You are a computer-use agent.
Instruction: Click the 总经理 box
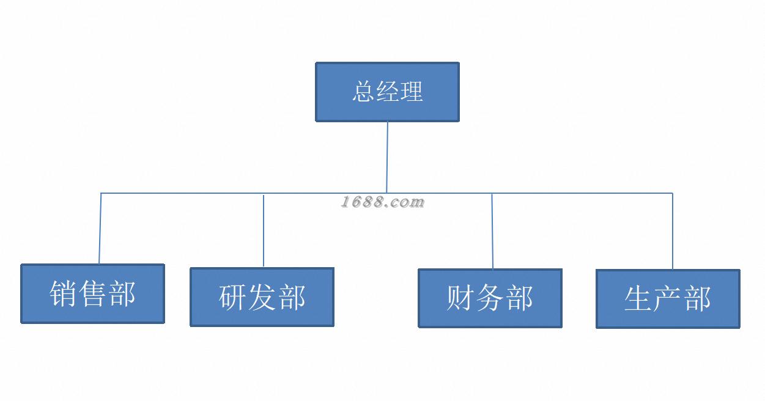pyautogui.click(x=387, y=92)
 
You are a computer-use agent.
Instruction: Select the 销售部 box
pyautogui.click(x=92, y=293)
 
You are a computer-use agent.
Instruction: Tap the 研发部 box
pyautogui.click(x=262, y=297)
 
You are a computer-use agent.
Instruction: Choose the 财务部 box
pyautogui.click(x=490, y=298)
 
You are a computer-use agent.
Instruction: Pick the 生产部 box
pyautogui.click(x=668, y=299)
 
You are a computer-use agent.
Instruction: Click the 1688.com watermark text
pyautogui.click(x=382, y=202)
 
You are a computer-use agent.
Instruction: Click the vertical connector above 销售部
pyautogui.click(x=100, y=229)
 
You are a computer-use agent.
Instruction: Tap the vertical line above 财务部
pyautogui.click(x=492, y=232)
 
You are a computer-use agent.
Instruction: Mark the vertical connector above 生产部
pyautogui.click(x=673, y=232)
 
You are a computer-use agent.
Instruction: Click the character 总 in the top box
pyautogui.click(x=364, y=92)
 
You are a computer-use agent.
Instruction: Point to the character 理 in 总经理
pyautogui.click(x=411, y=92)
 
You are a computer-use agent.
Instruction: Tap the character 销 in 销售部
pyautogui.click(x=64, y=293)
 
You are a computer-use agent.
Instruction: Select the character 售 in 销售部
pyautogui.click(x=92, y=293)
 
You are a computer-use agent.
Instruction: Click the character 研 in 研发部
pyautogui.click(x=233, y=298)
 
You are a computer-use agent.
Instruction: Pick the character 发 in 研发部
pyautogui.click(x=262, y=298)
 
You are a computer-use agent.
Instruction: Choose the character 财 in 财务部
pyautogui.click(x=460, y=298)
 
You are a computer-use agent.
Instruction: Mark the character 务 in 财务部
pyautogui.click(x=490, y=298)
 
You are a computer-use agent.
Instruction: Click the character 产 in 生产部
pyautogui.click(x=668, y=299)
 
